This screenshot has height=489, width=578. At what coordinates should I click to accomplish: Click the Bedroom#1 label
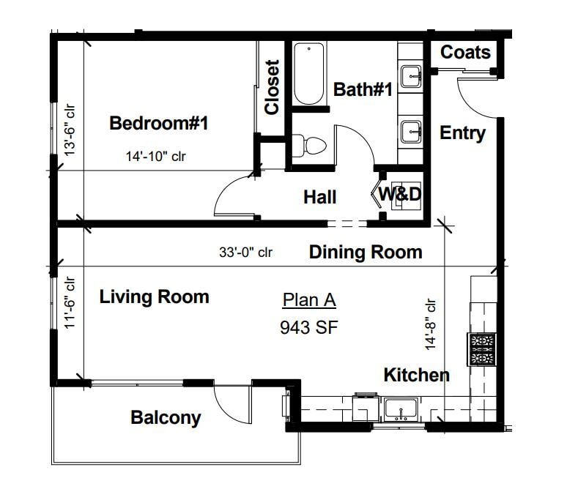click(159, 123)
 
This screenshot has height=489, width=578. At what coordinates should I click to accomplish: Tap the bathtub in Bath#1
click(309, 74)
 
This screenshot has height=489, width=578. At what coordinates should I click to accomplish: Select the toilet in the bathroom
click(309, 146)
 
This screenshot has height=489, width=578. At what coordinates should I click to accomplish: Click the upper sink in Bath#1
click(411, 77)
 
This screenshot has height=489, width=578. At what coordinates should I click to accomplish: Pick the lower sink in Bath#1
click(411, 132)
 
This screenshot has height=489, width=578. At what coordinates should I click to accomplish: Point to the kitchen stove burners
click(481, 349)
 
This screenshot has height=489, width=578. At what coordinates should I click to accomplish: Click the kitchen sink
click(401, 409)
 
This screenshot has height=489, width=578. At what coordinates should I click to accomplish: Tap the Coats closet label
click(465, 52)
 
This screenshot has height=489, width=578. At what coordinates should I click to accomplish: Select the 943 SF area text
click(309, 327)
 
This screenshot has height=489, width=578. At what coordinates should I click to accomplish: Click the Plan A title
click(309, 299)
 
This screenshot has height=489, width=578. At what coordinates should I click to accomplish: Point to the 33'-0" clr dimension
click(246, 253)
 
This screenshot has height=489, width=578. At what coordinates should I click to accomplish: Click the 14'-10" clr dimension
click(156, 157)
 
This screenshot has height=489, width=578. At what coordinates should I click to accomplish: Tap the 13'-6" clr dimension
click(70, 130)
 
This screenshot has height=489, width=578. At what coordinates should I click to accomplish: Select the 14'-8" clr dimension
click(430, 324)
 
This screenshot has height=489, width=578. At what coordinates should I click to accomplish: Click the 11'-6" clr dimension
click(70, 302)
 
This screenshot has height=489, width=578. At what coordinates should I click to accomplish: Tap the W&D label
click(400, 194)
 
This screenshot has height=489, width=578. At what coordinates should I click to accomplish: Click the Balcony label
click(166, 417)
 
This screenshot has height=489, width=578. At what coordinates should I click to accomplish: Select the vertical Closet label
click(272, 87)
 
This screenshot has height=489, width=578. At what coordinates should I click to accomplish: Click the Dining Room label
click(366, 253)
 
